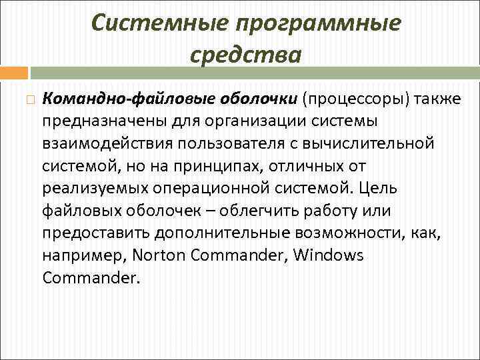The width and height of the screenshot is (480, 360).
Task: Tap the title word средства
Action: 245,55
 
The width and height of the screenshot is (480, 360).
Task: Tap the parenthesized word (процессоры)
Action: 357,99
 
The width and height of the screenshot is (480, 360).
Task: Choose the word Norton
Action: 158,256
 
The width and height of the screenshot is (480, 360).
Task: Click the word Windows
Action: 329,256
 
